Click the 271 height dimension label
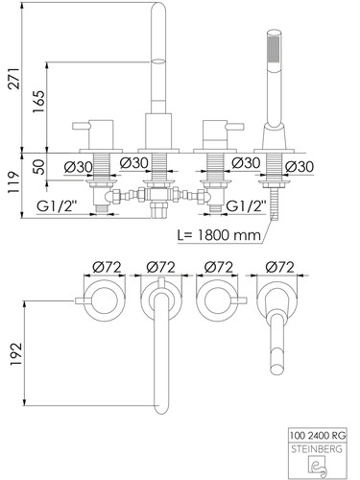[x=14, y=79]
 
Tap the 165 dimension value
[x=39, y=102]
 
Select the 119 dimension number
[x=14, y=182]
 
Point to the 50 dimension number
[x=39, y=167]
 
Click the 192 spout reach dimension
[x=16, y=354]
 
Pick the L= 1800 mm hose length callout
[x=220, y=235]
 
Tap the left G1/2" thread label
[x=57, y=206]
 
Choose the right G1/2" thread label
[x=246, y=206]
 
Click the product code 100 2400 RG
[x=318, y=436]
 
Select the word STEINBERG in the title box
[x=317, y=449]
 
